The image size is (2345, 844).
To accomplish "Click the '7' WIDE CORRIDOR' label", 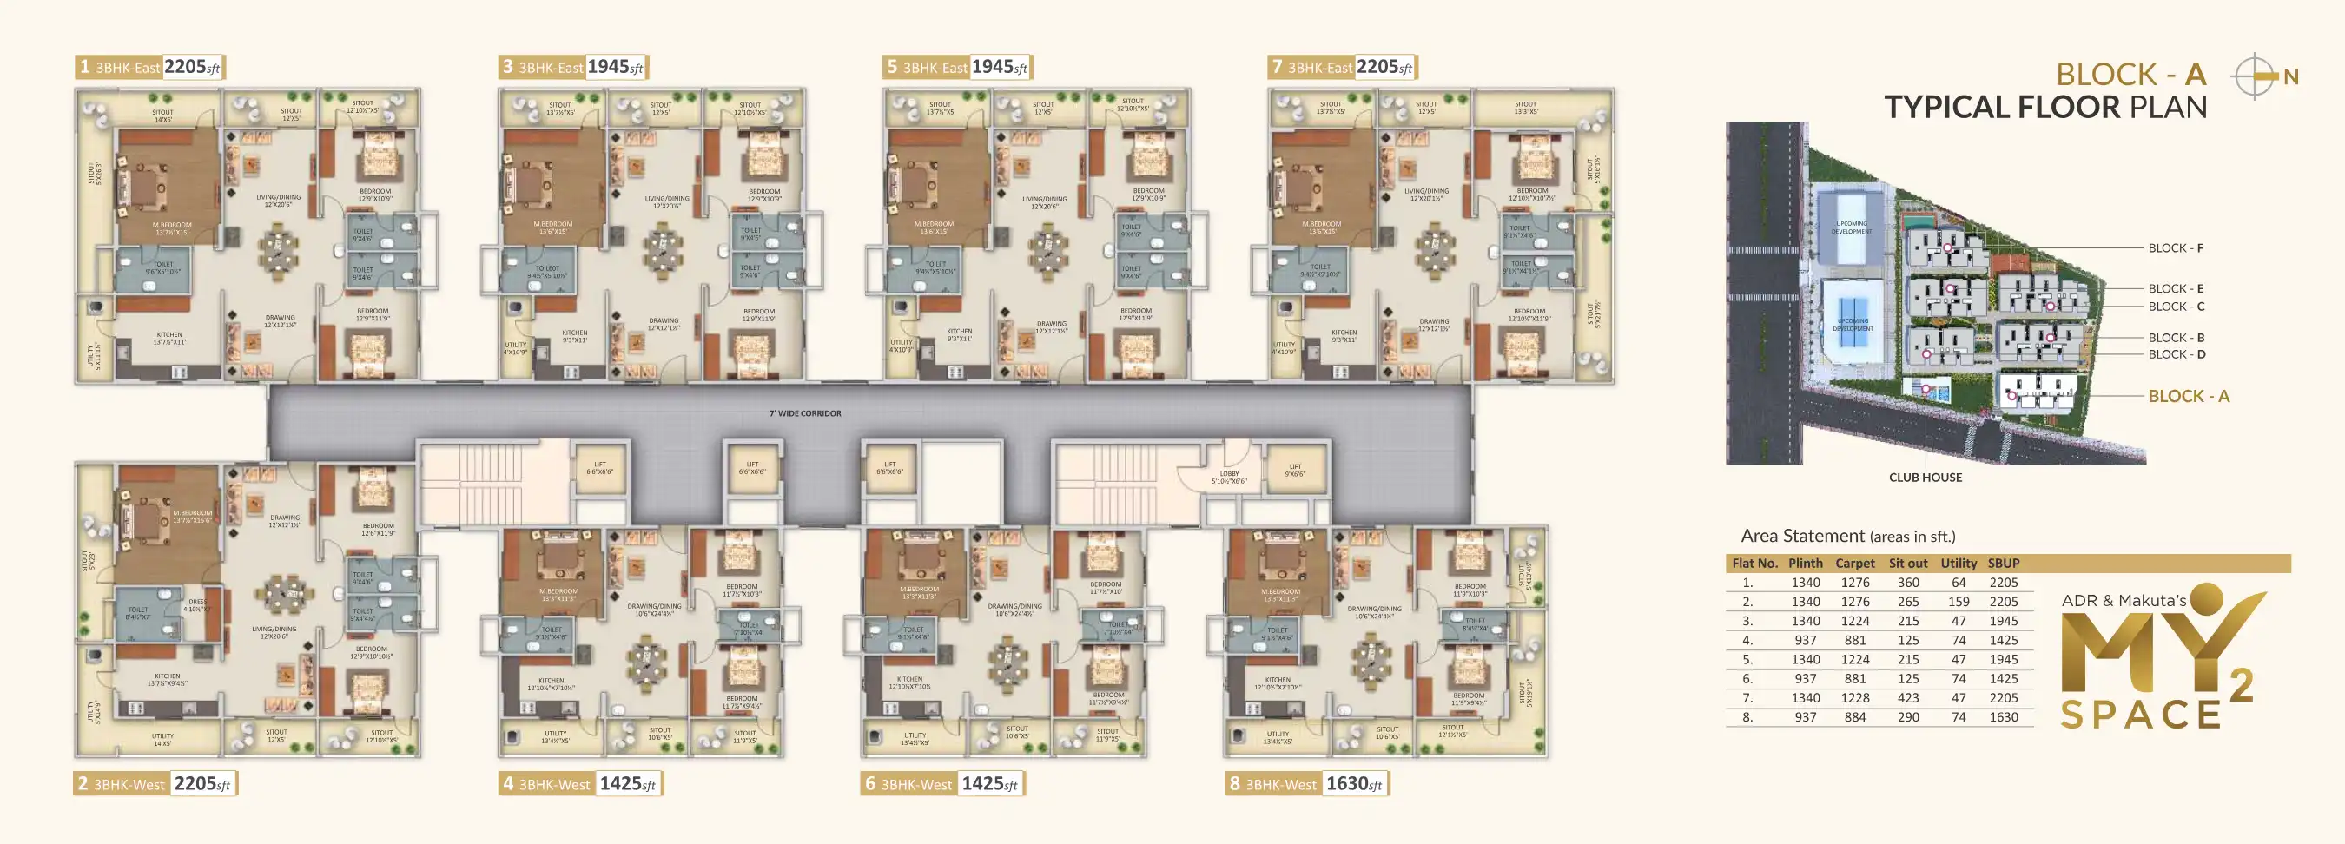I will pyautogui.click(x=805, y=413).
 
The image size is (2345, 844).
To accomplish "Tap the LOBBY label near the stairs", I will pyautogui.click(x=1229, y=477).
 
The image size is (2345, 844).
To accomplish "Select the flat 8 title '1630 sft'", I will pyautogui.click(x=1354, y=784).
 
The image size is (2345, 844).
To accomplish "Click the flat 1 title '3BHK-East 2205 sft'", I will pyautogui.click(x=150, y=68).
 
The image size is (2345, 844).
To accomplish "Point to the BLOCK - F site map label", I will pyautogui.click(x=2175, y=247).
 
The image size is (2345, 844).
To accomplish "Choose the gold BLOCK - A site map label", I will pyautogui.click(x=2188, y=396).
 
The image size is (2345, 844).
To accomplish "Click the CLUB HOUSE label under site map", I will pyautogui.click(x=1925, y=477).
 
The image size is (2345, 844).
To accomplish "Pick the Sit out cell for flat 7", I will pyautogui.click(x=1908, y=698).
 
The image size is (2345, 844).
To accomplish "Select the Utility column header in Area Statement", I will pyautogui.click(x=1959, y=564).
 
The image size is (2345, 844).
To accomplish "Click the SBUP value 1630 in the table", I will pyautogui.click(x=2003, y=717).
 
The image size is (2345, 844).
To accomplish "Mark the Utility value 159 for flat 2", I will pyautogui.click(x=1959, y=602).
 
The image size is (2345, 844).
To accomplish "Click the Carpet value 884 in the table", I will pyautogui.click(x=1854, y=717).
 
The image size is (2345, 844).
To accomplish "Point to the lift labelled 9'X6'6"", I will pyautogui.click(x=1294, y=470).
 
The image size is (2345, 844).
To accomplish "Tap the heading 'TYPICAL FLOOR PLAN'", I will pyautogui.click(x=2044, y=108).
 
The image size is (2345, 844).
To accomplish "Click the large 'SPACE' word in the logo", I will pyautogui.click(x=2140, y=715).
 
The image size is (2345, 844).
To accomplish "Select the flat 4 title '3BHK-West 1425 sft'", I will pyautogui.click(x=580, y=784).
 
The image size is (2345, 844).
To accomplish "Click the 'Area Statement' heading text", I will pyautogui.click(x=1801, y=537).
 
